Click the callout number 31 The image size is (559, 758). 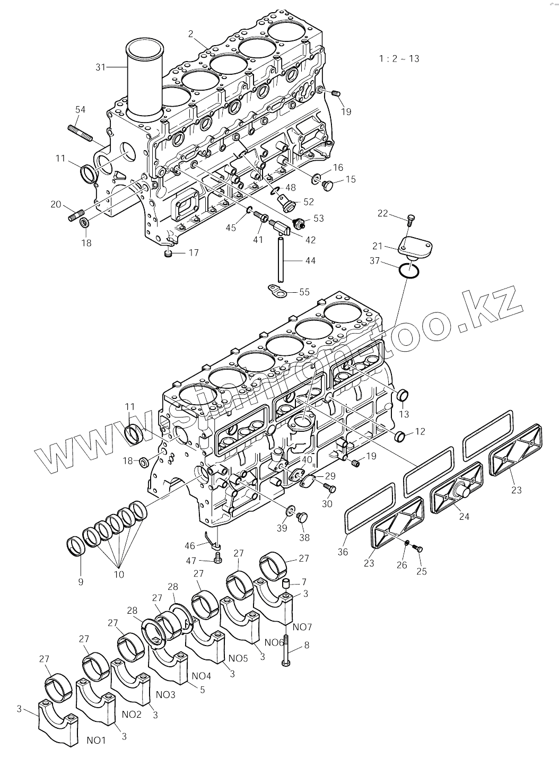(x=101, y=67)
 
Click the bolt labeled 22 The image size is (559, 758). (x=412, y=218)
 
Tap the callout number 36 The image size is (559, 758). (x=343, y=552)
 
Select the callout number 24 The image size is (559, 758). (x=464, y=516)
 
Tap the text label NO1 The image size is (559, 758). (x=96, y=740)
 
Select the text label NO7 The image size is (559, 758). (x=302, y=627)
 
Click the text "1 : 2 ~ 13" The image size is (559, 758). (x=399, y=58)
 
